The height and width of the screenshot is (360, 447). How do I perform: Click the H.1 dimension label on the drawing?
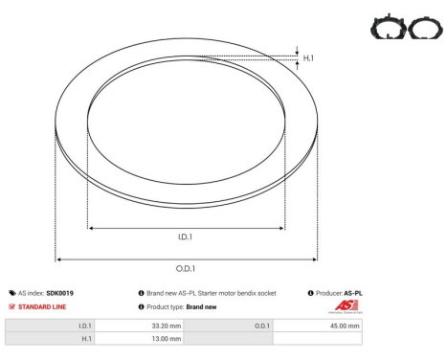[x=309, y=58]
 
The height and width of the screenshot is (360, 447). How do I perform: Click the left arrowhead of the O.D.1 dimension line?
[x=59, y=259]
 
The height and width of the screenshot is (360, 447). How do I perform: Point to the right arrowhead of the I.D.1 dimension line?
[x=281, y=228]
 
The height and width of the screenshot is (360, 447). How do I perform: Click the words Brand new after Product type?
[x=201, y=307]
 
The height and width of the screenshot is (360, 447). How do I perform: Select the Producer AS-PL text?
[x=339, y=293]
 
